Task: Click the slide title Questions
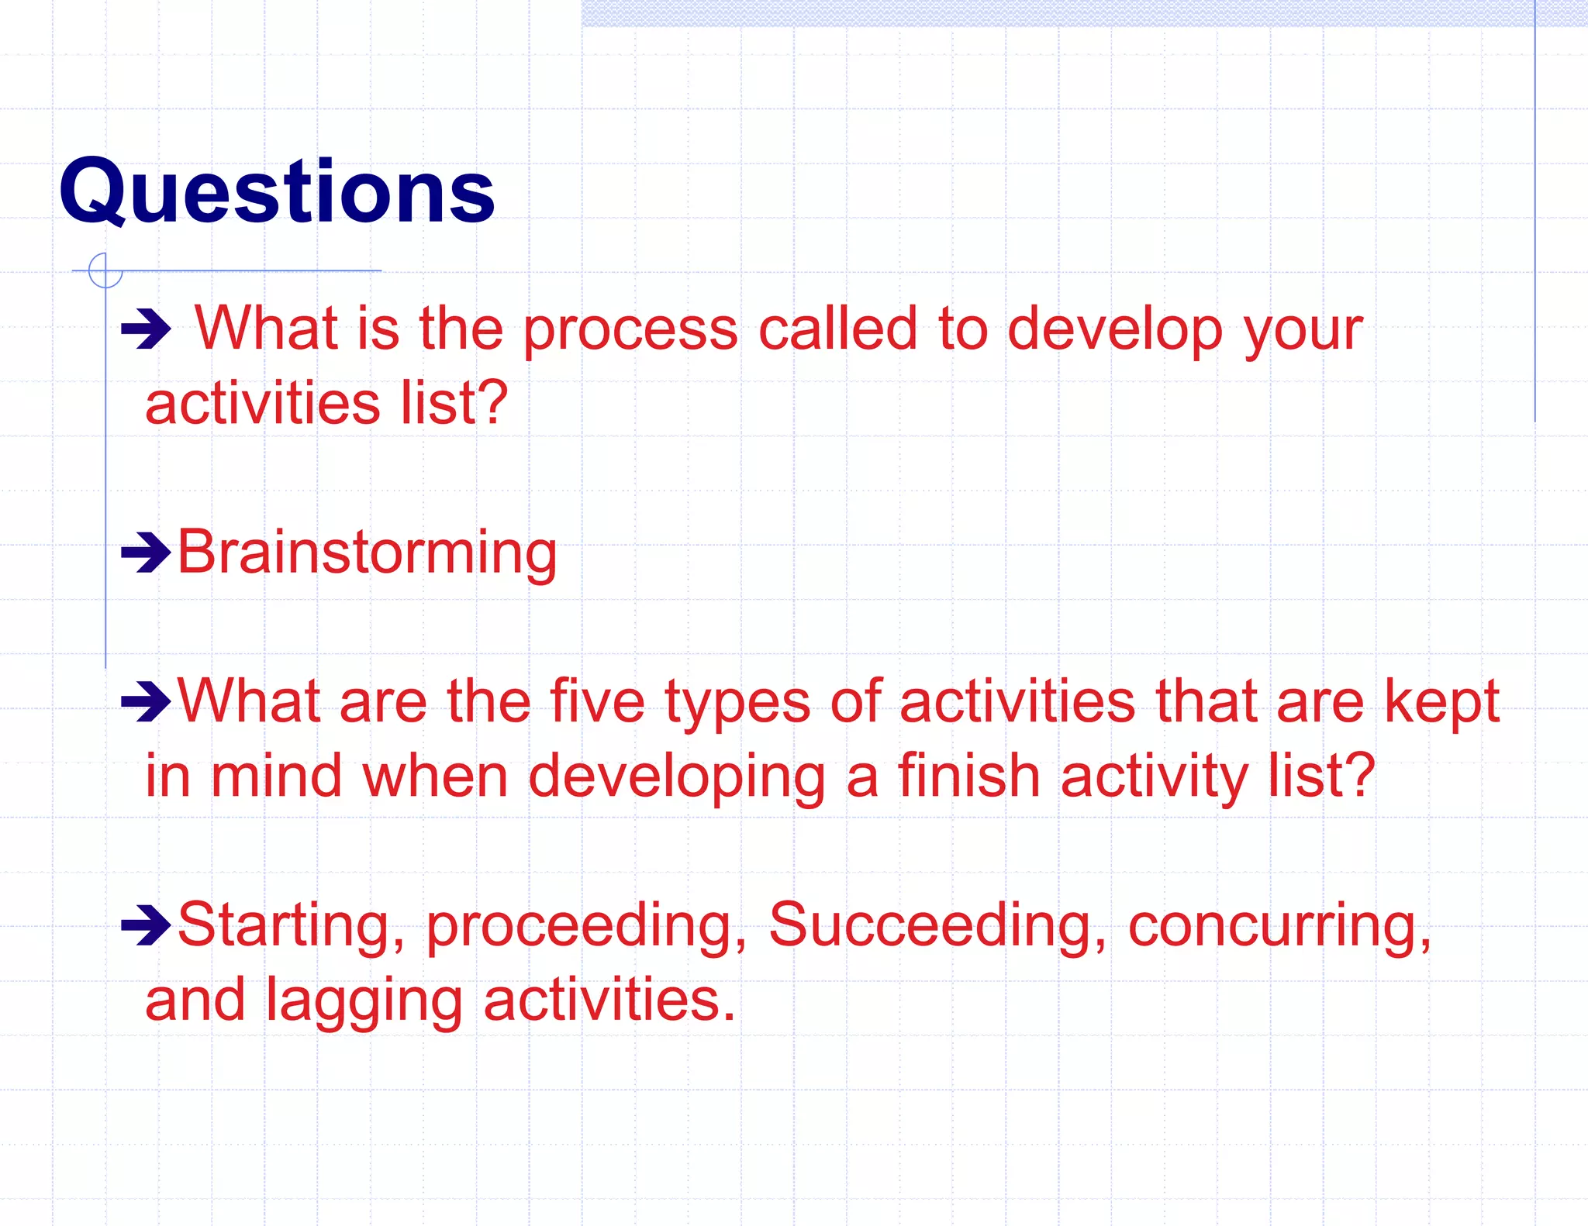[277, 191]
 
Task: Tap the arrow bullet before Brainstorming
[146, 553]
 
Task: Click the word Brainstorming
[367, 553]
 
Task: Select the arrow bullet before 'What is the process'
[146, 329]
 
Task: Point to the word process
[630, 330]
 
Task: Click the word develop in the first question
[1114, 330]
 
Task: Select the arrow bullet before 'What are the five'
[146, 701]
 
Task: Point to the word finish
[968, 776]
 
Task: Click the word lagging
[364, 1000]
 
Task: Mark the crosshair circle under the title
[105, 270]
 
